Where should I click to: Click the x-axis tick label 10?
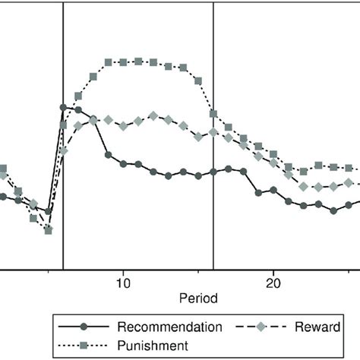pyautogui.click(x=123, y=283)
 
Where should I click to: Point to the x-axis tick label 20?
pyautogui.click(x=273, y=283)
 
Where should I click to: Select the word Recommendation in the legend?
pyautogui.click(x=169, y=327)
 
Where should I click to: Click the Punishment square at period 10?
pyautogui.click(x=123, y=62)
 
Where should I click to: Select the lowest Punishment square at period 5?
pyautogui.click(x=49, y=230)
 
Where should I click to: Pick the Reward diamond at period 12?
pyautogui.click(x=153, y=116)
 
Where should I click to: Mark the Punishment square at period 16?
pyautogui.click(x=213, y=115)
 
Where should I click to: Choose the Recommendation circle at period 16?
pyautogui.click(x=213, y=172)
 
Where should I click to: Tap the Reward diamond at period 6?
pyautogui.click(x=63, y=150)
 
